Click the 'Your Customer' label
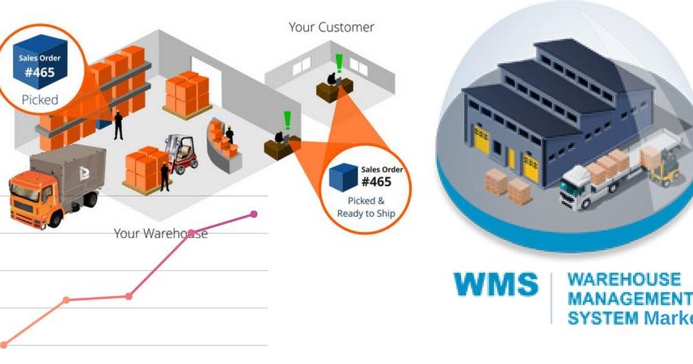331,28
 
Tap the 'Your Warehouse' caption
160,234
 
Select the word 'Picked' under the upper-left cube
40,101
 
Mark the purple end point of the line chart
254,214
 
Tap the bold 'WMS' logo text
495,285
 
